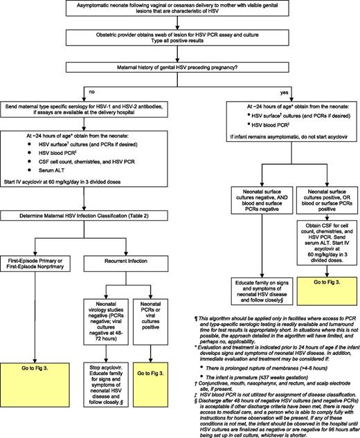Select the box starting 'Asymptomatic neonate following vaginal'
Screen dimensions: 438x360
click(180, 12)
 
